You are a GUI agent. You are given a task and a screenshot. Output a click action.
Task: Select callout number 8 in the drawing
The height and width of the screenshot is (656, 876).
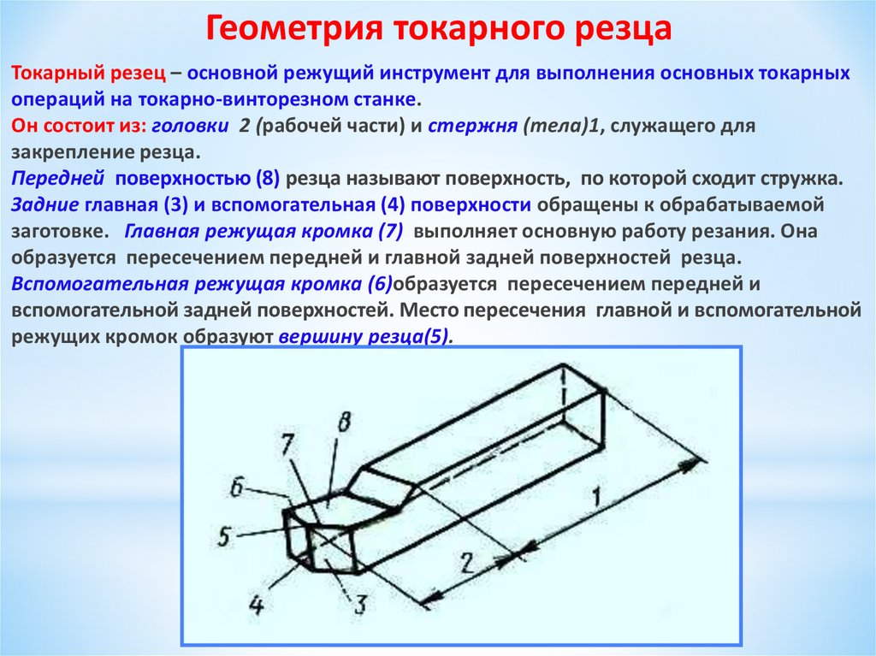pyautogui.click(x=344, y=423)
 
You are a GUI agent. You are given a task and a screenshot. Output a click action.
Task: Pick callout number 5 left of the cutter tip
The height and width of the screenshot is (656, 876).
pyautogui.click(x=225, y=537)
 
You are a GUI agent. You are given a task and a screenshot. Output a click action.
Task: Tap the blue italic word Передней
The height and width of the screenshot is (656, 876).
pyautogui.click(x=58, y=180)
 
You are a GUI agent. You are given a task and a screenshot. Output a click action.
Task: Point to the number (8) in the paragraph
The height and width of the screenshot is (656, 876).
pyautogui.click(x=268, y=180)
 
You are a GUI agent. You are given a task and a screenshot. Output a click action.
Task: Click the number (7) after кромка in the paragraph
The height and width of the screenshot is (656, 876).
pyautogui.click(x=390, y=232)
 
